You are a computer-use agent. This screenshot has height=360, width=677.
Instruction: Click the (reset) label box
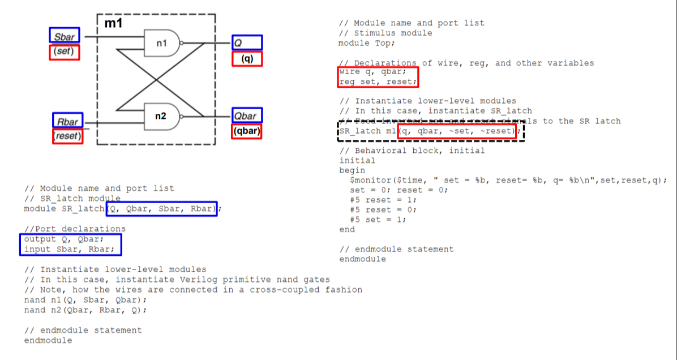point(67,136)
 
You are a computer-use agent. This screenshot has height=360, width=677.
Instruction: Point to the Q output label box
point(247,42)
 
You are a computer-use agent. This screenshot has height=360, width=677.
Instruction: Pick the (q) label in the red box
point(247,59)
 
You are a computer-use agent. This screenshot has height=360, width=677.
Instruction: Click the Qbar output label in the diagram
point(246,116)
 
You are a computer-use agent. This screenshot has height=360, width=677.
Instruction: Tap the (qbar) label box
point(247,131)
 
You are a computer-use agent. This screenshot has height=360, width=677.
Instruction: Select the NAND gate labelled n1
point(163,43)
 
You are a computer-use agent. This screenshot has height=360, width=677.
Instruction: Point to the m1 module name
point(113,24)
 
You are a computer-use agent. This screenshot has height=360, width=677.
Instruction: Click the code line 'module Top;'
point(366,43)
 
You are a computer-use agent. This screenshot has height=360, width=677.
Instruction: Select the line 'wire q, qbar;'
point(372,72)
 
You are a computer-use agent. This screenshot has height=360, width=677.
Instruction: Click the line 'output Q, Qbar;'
point(63,239)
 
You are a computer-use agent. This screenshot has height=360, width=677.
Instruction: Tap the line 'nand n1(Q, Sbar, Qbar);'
point(85,300)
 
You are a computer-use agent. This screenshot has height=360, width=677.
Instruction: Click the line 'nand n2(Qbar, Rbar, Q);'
point(85,310)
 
